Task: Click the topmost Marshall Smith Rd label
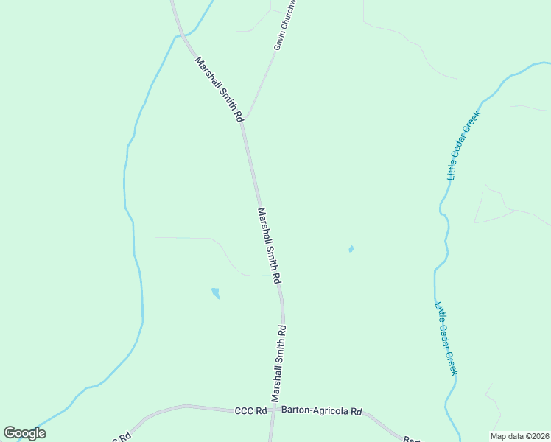click(218, 89)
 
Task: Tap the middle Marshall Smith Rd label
click(269, 246)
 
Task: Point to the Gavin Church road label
click(284, 26)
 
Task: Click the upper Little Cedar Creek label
click(463, 146)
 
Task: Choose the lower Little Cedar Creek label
click(446, 339)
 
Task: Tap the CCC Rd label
click(250, 411)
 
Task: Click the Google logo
click(25, 433)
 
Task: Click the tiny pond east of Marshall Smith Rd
click(351, 249)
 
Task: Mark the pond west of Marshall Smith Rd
click(215, 293)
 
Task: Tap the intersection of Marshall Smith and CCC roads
click(272, 410)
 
